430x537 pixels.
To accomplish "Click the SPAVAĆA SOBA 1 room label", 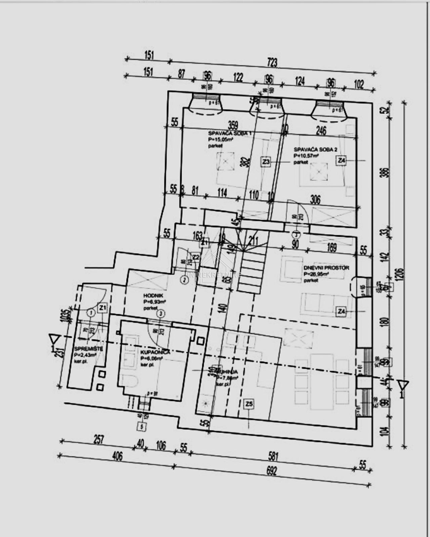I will coord(229,133).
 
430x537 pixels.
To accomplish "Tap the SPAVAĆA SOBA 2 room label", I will coord(315,150).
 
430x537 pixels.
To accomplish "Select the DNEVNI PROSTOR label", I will coord(326,268).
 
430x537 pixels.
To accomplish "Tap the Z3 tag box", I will coord(266,162).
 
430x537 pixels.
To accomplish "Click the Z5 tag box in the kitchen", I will coord(249,404).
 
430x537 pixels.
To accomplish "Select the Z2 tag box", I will coord(196,257).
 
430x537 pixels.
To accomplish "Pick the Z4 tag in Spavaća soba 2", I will coord(342,161).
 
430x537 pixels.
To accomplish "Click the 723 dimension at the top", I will coord(272,63).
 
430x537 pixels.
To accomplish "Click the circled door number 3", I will coord(162,314).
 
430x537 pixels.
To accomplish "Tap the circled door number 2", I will coord(184,279).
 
